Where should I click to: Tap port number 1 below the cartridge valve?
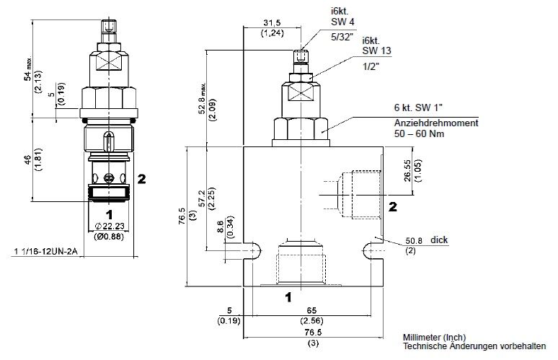109,214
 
